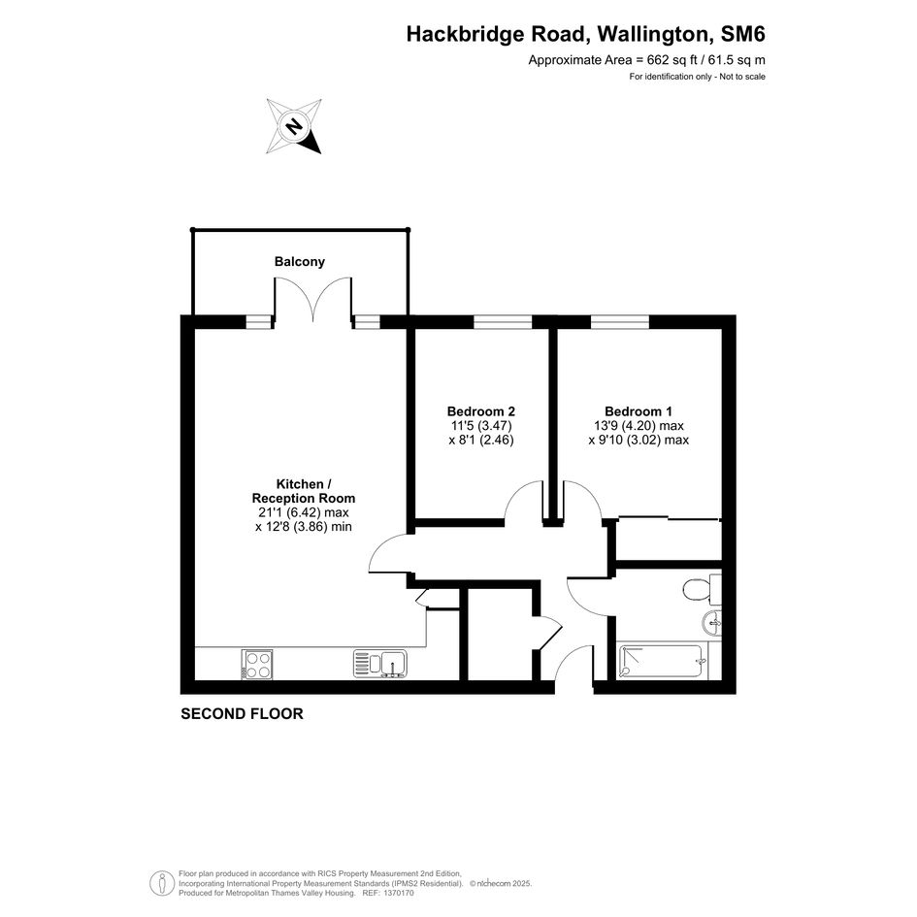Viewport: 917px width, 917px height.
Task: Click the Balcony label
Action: [x=300, y=261]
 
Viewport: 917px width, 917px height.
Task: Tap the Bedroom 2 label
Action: [x=480, y=411]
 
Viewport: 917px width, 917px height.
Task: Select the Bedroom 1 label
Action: [x=639, y=411]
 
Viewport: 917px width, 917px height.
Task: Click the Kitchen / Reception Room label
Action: [x=304, y=491]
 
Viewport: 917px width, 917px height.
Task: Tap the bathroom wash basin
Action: [x=713, y=622]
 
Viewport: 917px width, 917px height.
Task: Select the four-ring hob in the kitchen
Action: [x=257, y=665]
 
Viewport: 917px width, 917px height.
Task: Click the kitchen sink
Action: [x=380, y=664]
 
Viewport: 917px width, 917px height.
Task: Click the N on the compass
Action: [x=295, y=126]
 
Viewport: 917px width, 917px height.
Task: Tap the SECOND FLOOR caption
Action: [x=243, y=713]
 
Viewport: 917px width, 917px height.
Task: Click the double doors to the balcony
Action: [x=312, y=299]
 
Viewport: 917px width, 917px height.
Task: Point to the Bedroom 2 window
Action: [x=503, y=321]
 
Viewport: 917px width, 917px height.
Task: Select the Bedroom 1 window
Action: [x=620, y=321]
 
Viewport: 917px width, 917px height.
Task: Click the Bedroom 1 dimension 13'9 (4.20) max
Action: [x=639, y=426]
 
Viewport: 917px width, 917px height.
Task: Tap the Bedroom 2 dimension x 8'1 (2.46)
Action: [x=481, y=440]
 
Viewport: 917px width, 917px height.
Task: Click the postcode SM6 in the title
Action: [x=742, y=34]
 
